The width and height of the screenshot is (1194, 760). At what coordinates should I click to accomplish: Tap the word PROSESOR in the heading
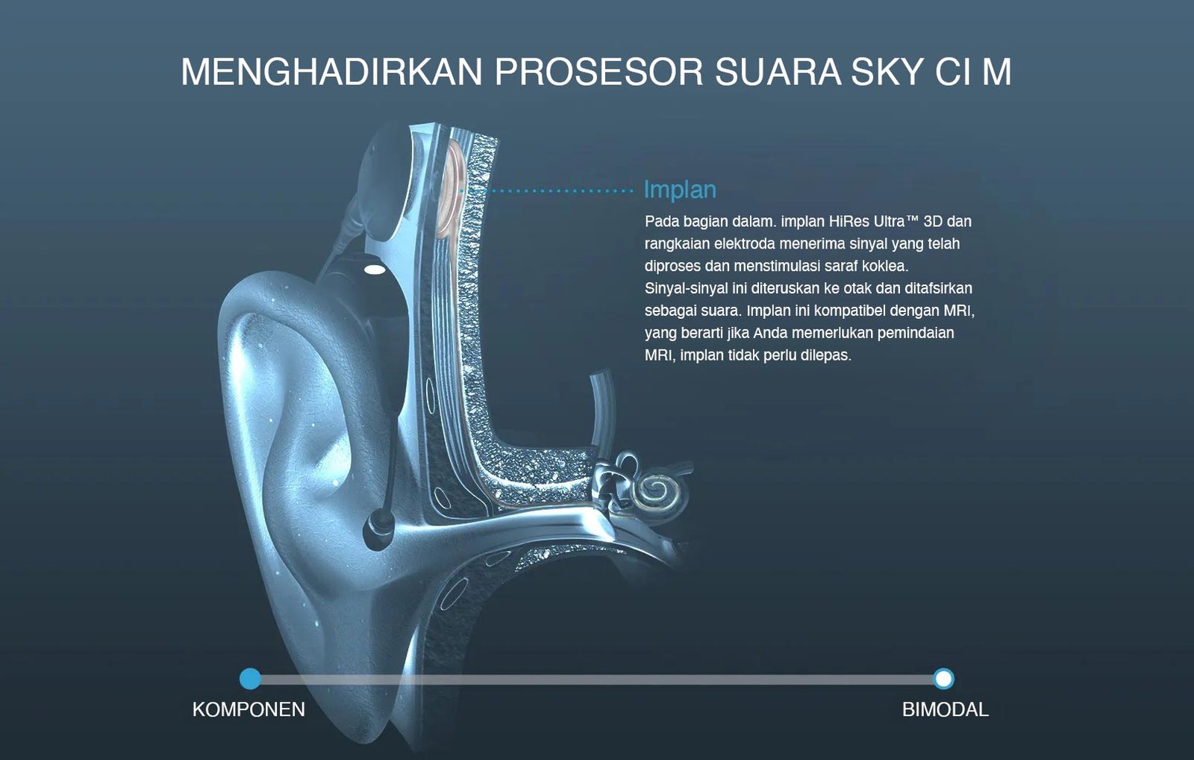pyautogui.click(x=598, y=72)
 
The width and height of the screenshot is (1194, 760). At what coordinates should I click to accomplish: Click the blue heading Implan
pyautogui.click(x=679, y=190)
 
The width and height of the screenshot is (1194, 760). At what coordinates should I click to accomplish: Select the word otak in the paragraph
pyautogui.click(x=857, y=288)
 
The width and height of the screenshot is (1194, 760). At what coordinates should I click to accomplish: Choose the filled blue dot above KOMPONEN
pyautogui.click(x=251, y=679)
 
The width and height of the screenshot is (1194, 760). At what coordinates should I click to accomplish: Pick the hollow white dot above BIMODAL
pyautogui.click(x=943, y=679)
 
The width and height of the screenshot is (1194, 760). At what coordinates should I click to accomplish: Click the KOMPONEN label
pyautogui.click(x=249, y=709)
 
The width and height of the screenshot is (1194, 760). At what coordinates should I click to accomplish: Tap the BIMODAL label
pyautogui.click(x=945, y=709)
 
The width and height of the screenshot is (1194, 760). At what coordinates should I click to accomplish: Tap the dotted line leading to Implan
pyautogui.click(x=552, y=191)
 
